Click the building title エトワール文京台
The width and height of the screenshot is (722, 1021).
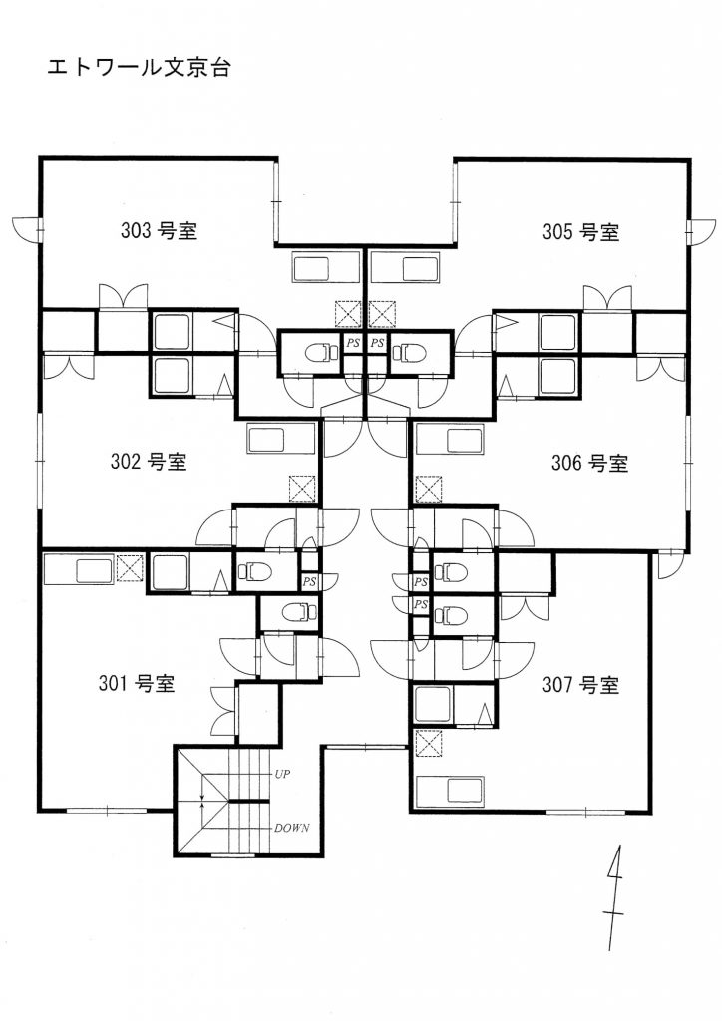[139, 68]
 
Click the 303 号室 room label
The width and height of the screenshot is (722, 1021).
[159, 230]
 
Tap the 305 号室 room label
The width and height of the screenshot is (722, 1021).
[580, 231]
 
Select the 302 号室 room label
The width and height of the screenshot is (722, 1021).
[149, 462]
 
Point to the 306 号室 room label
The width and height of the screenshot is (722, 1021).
[589, 463]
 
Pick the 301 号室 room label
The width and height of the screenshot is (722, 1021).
[137, 684]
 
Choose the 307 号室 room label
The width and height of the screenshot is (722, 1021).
[580, 685]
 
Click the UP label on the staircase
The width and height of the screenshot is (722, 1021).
[282, 774]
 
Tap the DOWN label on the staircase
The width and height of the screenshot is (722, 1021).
[291, 829]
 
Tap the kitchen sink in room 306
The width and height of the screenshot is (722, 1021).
[449, 440]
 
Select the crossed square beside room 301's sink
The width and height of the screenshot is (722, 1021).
[130, 567]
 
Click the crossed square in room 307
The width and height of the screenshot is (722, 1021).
[429, 743]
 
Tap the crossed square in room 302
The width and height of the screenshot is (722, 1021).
[302, 489]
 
